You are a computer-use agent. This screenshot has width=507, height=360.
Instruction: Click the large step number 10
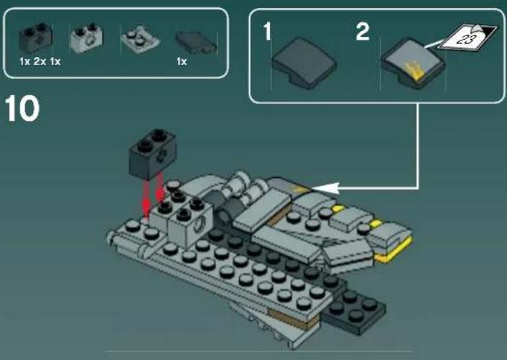[x=22, y=108]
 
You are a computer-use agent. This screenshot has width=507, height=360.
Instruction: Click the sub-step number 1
[x=267, y=32]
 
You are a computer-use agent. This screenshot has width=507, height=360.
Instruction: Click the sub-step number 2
[x=362, y=31]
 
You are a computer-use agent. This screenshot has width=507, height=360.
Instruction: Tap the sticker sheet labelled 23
[x=467, y=38]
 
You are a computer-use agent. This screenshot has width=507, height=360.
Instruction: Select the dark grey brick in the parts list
[x=35, y=38]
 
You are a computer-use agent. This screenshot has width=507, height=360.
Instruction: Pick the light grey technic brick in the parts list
[x=86, y=38]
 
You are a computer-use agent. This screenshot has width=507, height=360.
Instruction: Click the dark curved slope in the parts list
[x=196, y=43]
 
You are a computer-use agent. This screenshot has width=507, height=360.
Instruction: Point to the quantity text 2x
[x=40, y=61]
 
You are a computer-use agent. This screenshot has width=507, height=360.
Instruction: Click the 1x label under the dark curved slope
[x=182, y=61]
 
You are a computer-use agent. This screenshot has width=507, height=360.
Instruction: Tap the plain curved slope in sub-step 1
[x=304, y=63]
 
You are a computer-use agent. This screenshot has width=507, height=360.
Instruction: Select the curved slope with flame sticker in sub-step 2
[x=413, y=64]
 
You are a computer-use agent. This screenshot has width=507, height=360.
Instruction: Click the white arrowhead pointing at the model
[x=325, y=188]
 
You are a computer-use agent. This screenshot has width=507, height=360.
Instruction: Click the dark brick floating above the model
[x=153, y=154]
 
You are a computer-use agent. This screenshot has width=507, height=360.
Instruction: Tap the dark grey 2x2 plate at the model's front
[x=354, y=310]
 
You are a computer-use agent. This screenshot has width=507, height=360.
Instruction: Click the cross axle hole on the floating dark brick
[x=159, y=158]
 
